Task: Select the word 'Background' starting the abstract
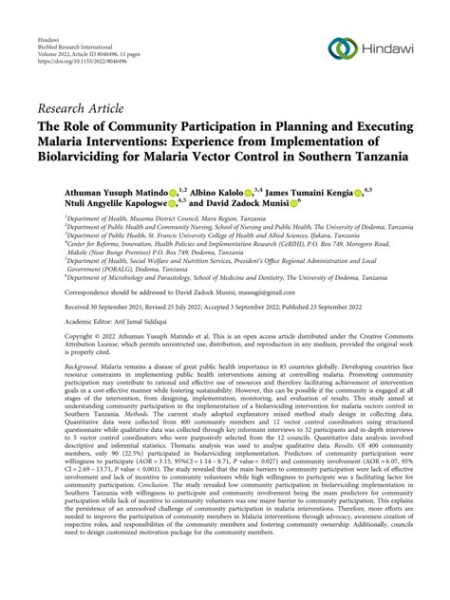coord(55,391)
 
